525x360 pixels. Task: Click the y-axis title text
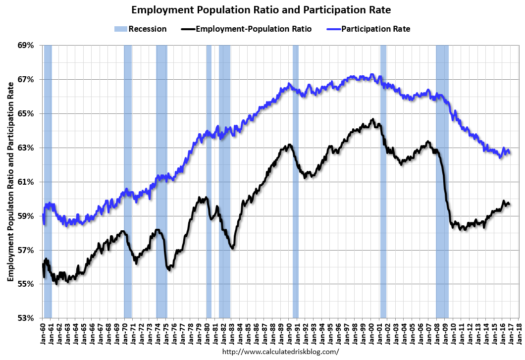[10, 181]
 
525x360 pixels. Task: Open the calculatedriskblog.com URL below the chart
[281, 352]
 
